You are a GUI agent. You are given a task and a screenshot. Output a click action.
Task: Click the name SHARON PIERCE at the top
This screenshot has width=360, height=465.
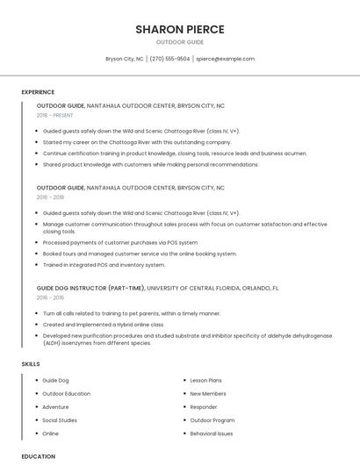click(180, 29)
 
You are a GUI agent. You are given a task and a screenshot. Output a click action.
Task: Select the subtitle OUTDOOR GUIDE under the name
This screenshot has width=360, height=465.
click(180, 42)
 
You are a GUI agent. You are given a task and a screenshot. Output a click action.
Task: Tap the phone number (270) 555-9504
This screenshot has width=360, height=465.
click(169, 59)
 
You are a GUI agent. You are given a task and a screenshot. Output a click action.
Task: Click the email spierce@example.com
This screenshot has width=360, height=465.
click(225, 59)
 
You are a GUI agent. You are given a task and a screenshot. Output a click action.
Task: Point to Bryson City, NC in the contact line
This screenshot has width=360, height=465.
click(125, 59)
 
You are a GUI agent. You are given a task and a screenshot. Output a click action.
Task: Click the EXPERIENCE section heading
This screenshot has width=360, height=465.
click(38, 92)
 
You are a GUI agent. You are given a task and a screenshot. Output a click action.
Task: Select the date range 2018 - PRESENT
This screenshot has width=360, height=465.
click(55, 115)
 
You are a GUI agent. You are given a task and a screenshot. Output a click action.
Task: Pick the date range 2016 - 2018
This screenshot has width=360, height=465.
click(50, 197)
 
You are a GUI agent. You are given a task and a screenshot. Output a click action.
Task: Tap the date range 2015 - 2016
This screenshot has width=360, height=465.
click(50, 297)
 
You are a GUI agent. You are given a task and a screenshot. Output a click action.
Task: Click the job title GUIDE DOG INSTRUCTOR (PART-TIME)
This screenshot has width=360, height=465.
click(90, 288)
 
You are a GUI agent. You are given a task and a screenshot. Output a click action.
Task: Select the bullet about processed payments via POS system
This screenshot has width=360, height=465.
click(119, 242)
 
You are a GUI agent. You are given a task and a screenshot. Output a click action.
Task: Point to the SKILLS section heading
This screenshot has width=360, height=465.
click(31, 363)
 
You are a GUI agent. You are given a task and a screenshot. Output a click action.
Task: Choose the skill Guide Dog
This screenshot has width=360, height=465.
click(55, 381)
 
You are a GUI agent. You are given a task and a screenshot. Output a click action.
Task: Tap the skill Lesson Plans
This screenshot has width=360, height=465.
click(206, 381)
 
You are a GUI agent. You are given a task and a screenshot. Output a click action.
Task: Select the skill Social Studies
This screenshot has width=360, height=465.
click(60, 420)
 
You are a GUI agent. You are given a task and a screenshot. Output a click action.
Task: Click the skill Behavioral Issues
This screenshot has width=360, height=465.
click(212, 433)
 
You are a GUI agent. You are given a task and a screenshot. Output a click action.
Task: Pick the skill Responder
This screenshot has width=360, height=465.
click(204, 407)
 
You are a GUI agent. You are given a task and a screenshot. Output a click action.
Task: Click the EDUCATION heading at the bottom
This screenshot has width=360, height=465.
click(38, 456)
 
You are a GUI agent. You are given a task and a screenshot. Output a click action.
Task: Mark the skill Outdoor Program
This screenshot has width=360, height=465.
click(212, 420)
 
